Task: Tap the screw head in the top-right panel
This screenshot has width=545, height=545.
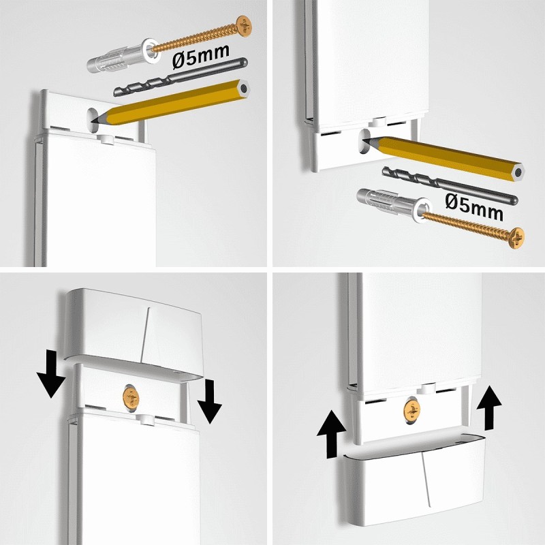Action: (516, 238)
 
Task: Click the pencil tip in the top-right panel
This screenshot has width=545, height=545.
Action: (367, 140)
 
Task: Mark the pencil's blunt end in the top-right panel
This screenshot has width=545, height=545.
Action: (518, 171)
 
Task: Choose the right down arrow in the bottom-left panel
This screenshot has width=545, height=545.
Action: (209, 403)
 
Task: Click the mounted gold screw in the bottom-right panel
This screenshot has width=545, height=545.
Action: (411, 409)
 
